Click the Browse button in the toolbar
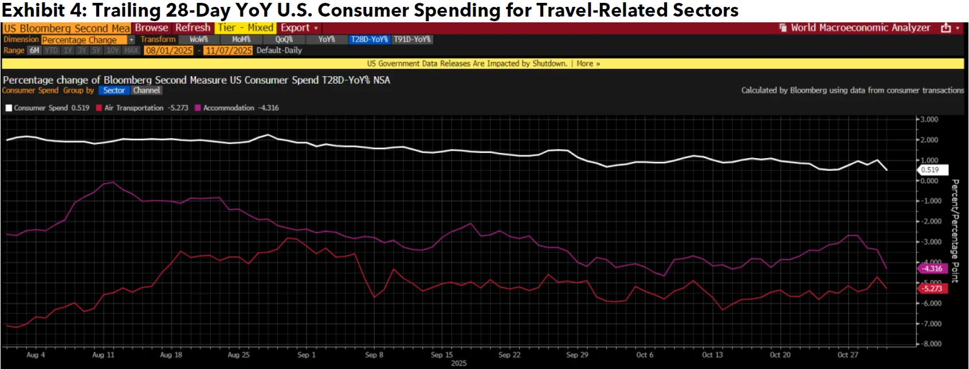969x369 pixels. tap(151, 28)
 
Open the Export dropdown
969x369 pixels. tap(299, 28)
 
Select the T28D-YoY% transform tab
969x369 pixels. tap(369, 40)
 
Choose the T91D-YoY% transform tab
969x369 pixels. tap(412, 40)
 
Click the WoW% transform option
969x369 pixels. tap(198, 40)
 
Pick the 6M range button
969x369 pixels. tap(34, 50)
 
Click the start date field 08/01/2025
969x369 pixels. tap(168, 50)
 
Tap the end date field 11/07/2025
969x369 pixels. tap(229, 50)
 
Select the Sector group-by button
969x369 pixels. tap(114, 91)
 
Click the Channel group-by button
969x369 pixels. tap(147, 91)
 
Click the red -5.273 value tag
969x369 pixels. tap(932, 288)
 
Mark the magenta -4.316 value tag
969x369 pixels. tap(932, 268)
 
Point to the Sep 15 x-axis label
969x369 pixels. tap(442, 355)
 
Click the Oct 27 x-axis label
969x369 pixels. tap(848, 355)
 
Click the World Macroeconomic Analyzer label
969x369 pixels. tap(860, 28)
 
